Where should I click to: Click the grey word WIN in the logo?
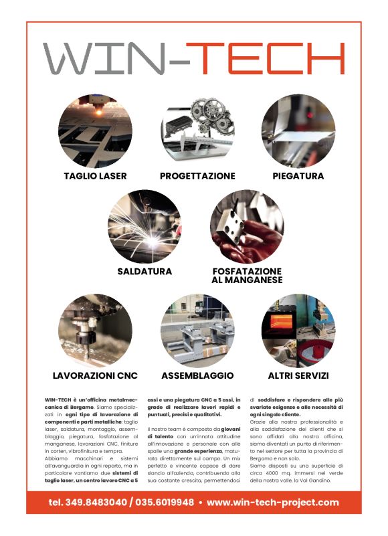(104, 58)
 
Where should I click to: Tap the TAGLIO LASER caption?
(95, 176)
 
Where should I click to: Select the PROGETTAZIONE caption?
(197, 176)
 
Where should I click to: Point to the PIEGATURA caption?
(298, 176)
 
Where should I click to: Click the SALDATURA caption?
(144, 272)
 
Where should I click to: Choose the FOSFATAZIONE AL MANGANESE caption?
(247, 276)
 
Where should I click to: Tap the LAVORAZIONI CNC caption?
(95, 375)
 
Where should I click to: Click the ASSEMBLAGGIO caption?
(197, 375)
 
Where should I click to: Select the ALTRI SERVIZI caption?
(298, 375)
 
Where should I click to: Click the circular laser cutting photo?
(95, 130)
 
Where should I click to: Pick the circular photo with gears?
(197, 130)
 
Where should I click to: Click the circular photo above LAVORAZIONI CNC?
(95, 330)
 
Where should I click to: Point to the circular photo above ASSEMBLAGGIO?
(197, 330)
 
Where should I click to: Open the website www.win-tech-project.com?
(273, 502)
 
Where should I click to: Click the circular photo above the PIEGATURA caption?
(298, 130)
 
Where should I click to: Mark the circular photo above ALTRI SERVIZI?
(298, 330)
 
